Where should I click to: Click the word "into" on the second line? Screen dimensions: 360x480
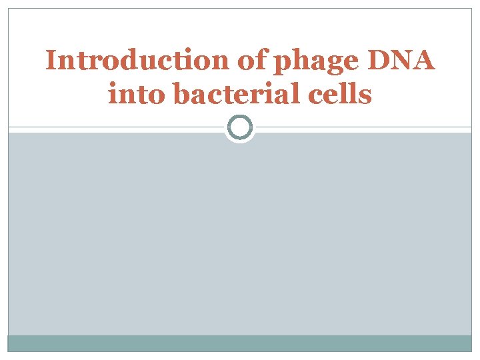point(137,94)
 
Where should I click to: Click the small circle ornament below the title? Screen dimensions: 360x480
point(240,127)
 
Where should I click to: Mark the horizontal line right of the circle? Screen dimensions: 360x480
point(363,127)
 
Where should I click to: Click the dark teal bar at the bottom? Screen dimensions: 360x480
point(240,343)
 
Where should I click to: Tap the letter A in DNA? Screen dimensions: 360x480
point(424,61)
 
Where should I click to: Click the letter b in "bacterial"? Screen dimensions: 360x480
point(181,94)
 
